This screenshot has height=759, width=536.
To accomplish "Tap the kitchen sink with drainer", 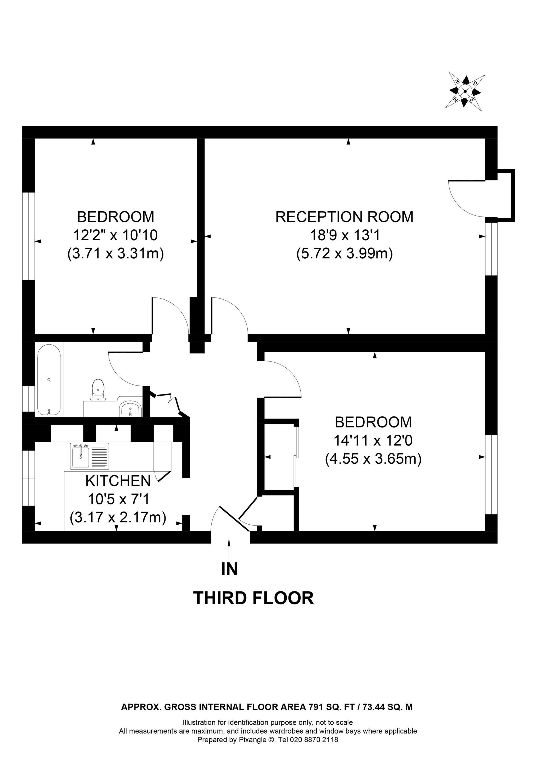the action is coord(90,456).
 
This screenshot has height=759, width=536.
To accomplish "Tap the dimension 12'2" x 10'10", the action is coord(115,235).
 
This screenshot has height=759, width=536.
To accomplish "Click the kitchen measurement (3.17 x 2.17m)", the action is coord(118,517).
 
